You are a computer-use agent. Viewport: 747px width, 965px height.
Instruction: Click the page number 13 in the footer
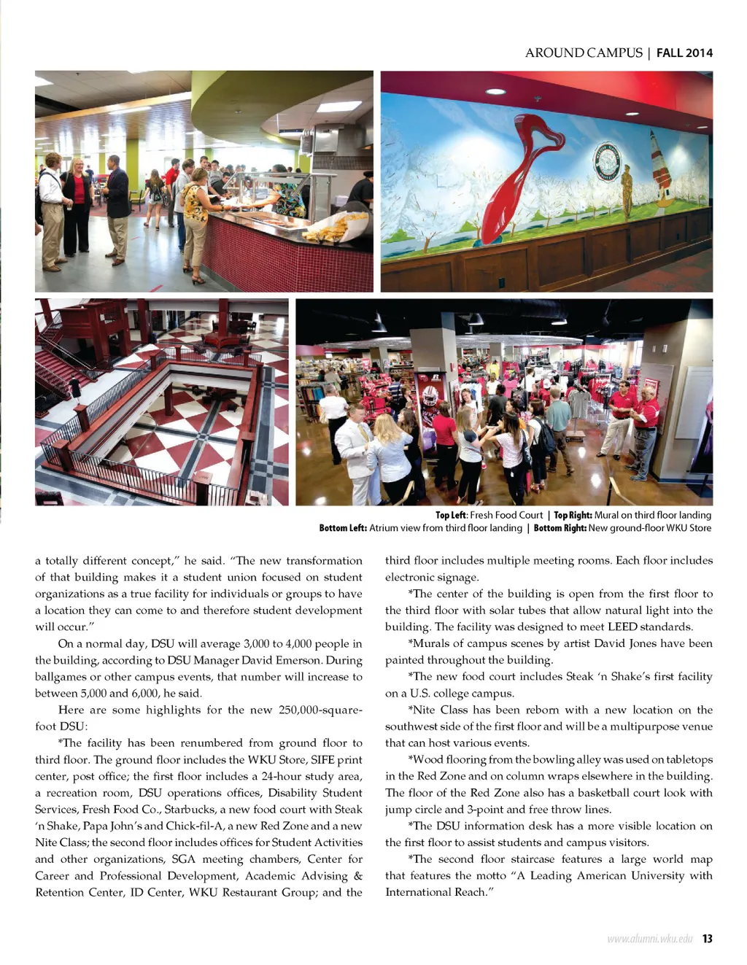coord(707,939)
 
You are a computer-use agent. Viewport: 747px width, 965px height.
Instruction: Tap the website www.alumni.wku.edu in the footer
coord(649,939)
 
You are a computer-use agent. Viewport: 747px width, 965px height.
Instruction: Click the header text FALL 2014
coord(684,53)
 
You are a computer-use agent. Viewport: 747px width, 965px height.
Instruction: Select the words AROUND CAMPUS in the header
coord(584,53)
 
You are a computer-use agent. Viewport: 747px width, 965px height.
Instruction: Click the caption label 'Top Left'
coord(452,515)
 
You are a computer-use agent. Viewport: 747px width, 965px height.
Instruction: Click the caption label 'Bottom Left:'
coord(343,528)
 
